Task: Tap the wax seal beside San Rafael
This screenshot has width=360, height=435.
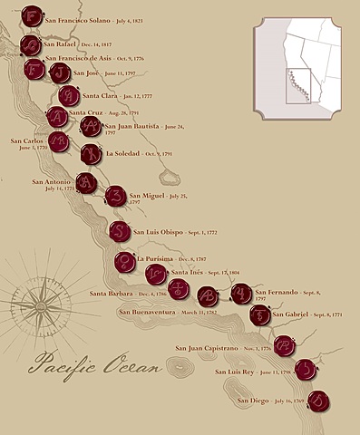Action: point(30,44)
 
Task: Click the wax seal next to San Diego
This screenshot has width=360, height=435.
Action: point(318,400)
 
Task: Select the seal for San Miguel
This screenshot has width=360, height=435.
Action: point(116,196)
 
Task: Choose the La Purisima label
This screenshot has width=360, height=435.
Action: point(158,258)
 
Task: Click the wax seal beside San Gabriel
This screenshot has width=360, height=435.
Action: point(261,314)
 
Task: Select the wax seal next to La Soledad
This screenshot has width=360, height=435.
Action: point(91,154)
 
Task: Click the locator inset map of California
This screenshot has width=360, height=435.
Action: point(297,64)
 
